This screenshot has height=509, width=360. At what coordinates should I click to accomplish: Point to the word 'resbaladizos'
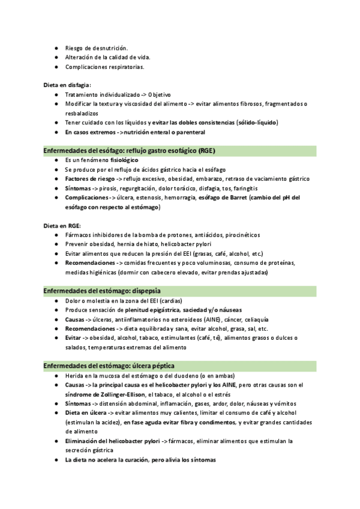82,113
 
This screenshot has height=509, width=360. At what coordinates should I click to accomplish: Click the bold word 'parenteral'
187,131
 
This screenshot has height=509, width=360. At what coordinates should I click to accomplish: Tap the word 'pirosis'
104,188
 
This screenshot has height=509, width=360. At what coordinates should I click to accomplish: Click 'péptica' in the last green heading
162,366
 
